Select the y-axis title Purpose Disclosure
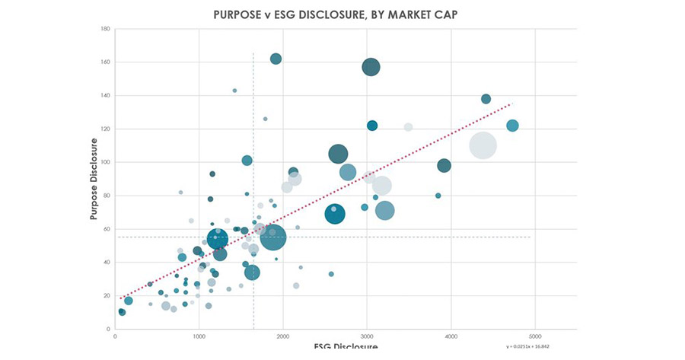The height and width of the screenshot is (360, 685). (x=94, y=179)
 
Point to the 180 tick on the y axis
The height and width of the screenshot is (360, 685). (x=107, y=29)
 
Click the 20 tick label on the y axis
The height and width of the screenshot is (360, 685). (x=107, y=295)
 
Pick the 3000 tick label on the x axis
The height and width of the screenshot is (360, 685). (x=366, y=336)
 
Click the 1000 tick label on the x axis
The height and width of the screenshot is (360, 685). (x=199, y=336)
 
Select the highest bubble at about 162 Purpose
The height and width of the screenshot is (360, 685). (x=276, y=59)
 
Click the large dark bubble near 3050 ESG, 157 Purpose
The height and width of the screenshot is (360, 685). (x=371, y=67)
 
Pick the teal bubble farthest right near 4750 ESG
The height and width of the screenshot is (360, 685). (x=512, y=126)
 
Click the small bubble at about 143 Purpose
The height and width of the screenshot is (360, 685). (x=234, y=91)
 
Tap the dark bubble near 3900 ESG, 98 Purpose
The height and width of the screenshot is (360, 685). (x=444, y=165)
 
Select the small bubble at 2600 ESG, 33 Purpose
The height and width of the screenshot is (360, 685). (x=331, y=274)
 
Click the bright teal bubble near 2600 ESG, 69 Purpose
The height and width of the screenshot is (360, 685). (x=335, y=215)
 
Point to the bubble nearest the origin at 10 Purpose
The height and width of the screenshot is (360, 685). (x=122, y=312)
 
